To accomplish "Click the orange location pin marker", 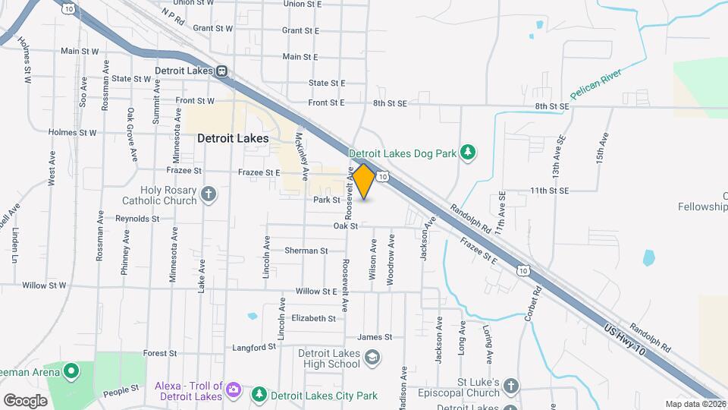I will (x=363, y=181).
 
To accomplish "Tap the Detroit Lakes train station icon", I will (x=221, y=71).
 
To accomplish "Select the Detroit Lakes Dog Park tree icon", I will (x=469, y=153).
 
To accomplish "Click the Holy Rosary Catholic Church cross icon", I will (x=209, y=195).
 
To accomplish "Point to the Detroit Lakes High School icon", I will (x=372, y=357).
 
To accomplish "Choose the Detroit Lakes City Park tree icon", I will (x=259, y=395).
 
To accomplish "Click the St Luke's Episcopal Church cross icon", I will (x=512, y=386).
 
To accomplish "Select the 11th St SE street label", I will (x=549, y=191).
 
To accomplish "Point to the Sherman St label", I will (x=306, y=251).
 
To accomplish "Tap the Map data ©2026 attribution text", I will (x=695, y=404).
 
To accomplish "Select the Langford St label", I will (x=254, y=348).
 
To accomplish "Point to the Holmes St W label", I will (x=72, y=132).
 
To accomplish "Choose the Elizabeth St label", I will (x=313, y=319).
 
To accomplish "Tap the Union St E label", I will (x=302, y=4).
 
